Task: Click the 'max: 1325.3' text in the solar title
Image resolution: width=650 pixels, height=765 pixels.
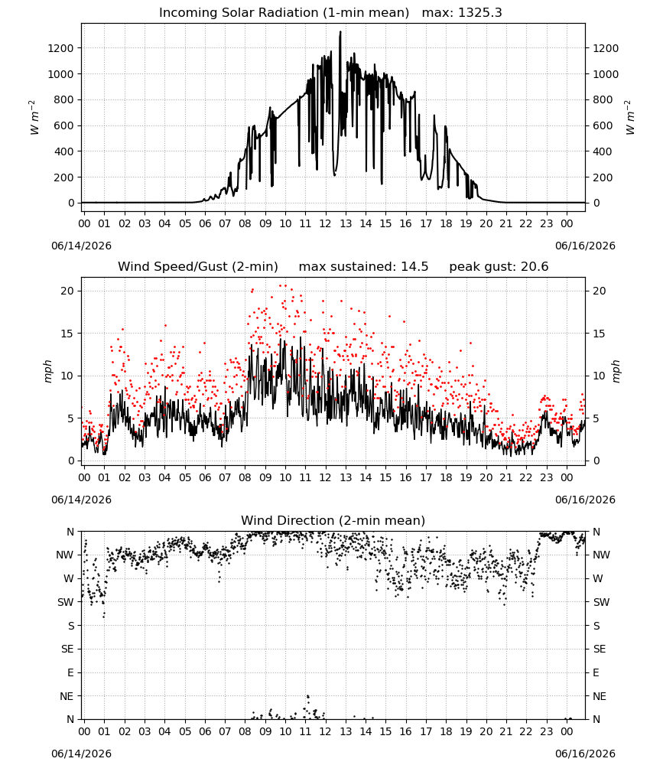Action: point(462,13)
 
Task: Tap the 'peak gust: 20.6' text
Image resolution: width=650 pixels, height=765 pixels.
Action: point(499,267)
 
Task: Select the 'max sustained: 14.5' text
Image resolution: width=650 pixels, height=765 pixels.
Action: point(363,267)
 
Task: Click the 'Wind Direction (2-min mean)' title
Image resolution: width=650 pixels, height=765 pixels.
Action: point(333,520)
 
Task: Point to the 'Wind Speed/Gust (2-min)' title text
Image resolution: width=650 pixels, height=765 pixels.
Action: point(198,267)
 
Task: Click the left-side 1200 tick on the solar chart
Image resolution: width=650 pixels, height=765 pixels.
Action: point(60,48)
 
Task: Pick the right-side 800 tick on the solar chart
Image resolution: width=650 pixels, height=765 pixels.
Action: point(603,100)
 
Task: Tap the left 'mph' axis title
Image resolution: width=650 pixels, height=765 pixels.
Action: point(47,371)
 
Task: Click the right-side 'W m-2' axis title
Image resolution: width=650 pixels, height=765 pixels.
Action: point(629,118)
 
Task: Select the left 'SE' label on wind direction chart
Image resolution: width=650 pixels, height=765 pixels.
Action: point(67,649)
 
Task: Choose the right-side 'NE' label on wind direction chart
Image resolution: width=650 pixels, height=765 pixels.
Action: point(600,696)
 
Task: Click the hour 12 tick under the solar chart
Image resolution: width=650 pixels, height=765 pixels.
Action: point(325,224)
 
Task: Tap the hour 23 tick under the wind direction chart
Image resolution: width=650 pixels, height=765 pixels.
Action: point(546,732)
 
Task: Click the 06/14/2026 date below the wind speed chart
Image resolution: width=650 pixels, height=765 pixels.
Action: point(81,500)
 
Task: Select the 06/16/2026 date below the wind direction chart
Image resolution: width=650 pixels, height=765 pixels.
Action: point(585,754)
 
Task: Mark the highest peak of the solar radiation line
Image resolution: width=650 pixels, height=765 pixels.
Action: point(340,31)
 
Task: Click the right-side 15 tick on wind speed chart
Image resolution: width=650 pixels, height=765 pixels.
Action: point(600,334)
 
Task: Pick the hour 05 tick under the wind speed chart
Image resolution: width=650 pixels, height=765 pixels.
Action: point(185,477)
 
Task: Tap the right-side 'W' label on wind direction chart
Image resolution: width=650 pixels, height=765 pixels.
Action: point(598,579)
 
